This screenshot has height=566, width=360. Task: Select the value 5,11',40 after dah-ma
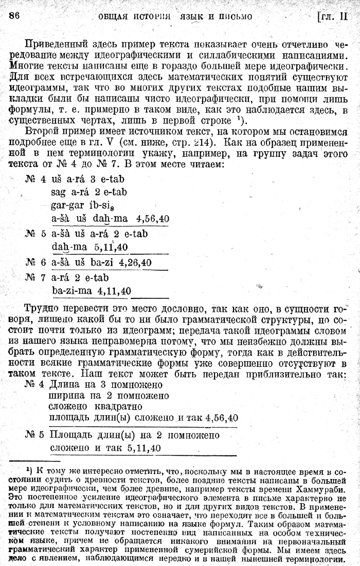click(x=111, y=246)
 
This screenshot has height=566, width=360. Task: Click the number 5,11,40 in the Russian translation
click(x=141, y=448)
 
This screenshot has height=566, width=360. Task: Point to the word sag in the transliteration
click(x=59, y=192)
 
